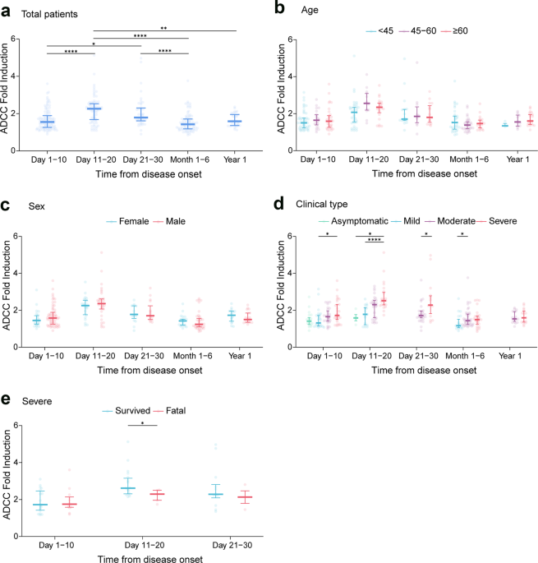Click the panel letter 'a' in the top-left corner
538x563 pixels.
(x=6, y=12)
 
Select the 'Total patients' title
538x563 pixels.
(x=49, y=14)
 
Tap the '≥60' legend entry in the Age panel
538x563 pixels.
(x=454, y=31)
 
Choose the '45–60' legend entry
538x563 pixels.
(x=418, y=31)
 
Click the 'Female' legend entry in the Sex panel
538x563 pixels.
(x=128, y=221)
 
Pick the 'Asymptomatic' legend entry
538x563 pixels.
(x=353, y=221)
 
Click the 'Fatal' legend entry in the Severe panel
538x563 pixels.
(x=169, y=410)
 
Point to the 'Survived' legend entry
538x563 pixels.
(x=126, y=410)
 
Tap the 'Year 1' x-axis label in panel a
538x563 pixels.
(x=235, y=159)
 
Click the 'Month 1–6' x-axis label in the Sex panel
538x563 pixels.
(x=193, y=356)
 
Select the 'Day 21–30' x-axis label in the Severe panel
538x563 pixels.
(x=232, y=545)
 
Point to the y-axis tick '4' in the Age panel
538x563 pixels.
(x=290, y=76)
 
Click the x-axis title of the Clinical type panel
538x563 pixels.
(x=424, y=370)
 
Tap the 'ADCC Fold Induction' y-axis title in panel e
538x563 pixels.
(x=7, y=474)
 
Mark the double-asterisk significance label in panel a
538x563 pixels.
(x=163, y=28)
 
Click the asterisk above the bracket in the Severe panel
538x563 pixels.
(x=142, y=423)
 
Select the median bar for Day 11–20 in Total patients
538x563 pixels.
(x=94, y=108)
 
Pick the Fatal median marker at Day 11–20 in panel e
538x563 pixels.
(x=157, y=494)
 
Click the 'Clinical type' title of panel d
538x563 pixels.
(x=322, y=205)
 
